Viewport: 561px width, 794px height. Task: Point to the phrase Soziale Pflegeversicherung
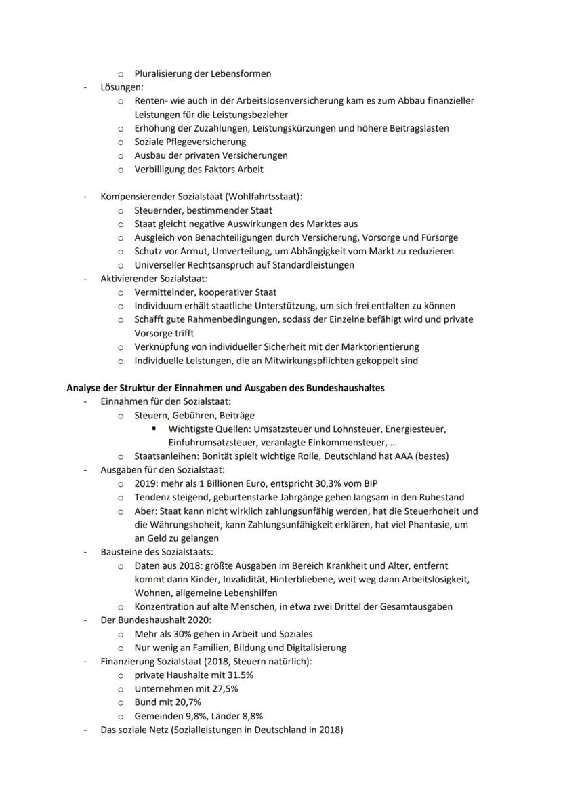(x=190, y=142)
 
